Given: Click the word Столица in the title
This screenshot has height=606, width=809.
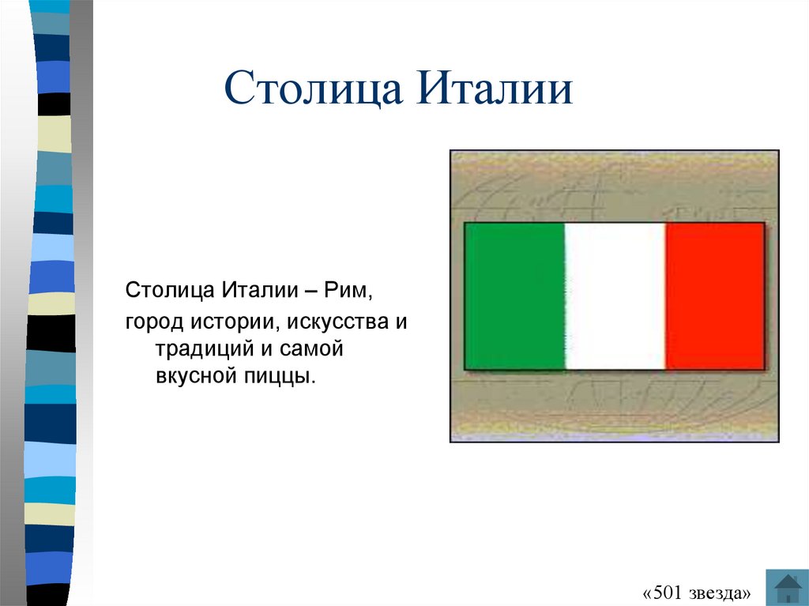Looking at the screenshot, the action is coord(313,88).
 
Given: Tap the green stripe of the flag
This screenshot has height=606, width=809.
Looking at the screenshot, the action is coord(515,296).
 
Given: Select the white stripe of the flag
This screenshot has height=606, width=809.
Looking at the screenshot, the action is coord(615,296).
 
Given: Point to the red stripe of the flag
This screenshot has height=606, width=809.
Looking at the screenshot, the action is coord(714,296).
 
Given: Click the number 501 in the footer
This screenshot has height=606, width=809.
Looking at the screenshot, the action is coord(668,593).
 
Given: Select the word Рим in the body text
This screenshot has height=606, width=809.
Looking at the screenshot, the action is coord(345,290).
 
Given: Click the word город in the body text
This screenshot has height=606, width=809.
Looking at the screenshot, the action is coord(154,322).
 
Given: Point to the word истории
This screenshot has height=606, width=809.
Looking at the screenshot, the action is coord(235,322).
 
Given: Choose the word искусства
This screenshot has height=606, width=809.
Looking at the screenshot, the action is coord(337,322).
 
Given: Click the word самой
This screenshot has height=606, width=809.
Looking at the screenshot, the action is coord(311,349).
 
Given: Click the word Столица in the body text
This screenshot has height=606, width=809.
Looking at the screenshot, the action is coord(170,291).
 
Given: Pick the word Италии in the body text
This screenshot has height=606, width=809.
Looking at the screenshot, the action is coord(260,290).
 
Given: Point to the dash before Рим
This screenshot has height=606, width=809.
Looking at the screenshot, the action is coord(311,291).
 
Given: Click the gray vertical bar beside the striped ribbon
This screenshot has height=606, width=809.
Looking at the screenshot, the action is coord(81,303).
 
